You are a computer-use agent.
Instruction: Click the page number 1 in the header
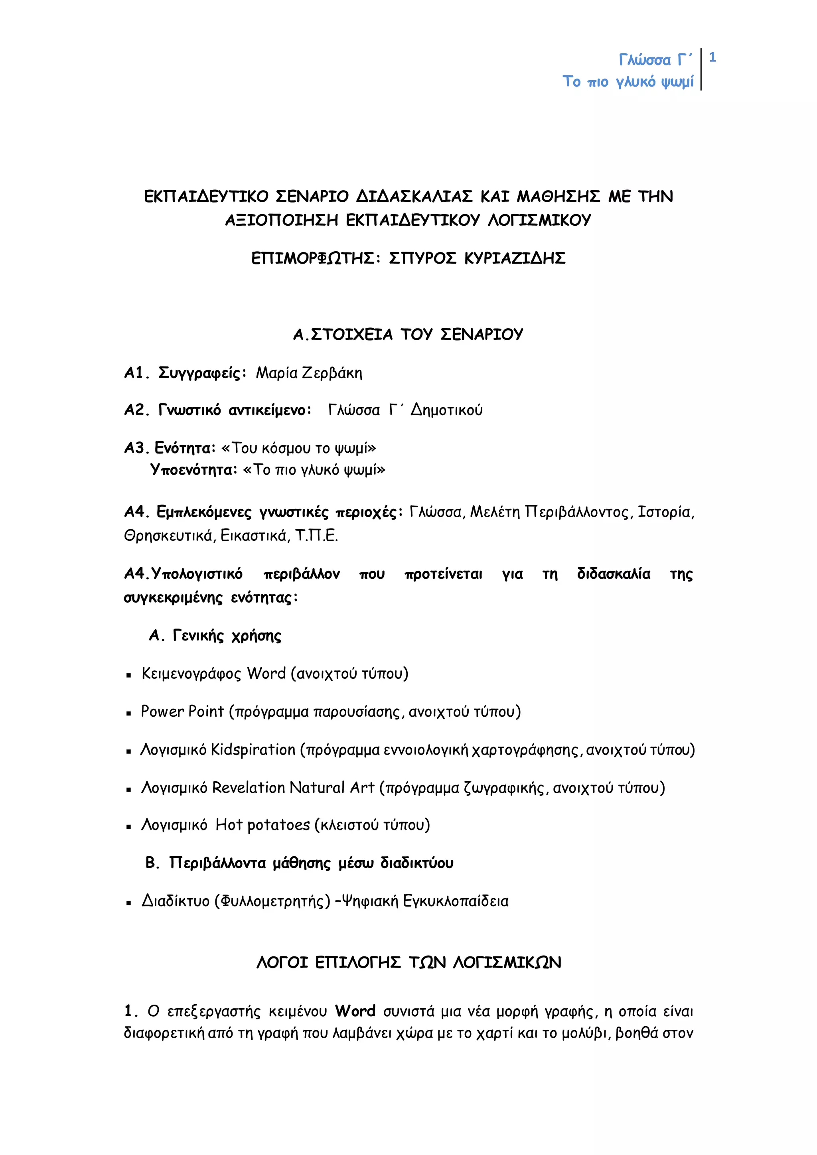coord(712,58)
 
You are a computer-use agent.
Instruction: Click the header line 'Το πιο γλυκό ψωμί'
coord(628,81)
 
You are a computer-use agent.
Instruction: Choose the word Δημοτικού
coord(446,410)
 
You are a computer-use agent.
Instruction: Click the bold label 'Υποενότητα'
coord(193,470)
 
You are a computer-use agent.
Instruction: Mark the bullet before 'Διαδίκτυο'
coord(129,903)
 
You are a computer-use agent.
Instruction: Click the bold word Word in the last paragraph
coord(355,1011)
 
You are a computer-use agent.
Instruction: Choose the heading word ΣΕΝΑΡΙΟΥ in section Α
coord(482,335)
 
